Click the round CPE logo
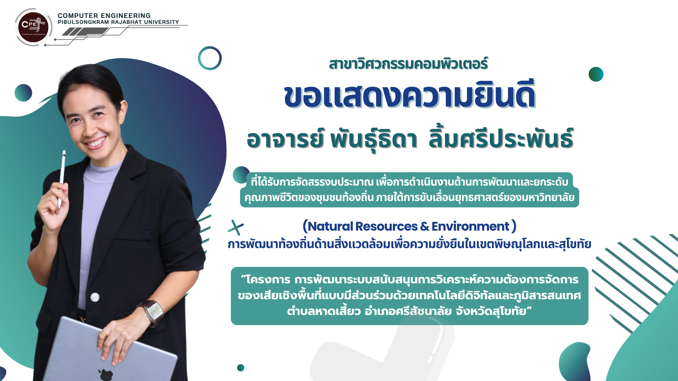[x=33, y=27]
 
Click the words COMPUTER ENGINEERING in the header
[x=104, y=16]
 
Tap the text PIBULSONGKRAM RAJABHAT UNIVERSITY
[x=118, y=22]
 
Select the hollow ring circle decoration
[x=210, y=58]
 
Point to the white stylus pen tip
[x=64, y=152]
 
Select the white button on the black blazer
[x=95, y=297]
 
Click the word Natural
[x=330, y=226]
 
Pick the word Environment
[x=470, y=226]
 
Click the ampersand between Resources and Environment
[x=425, y=226]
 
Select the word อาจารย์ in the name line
[x=285, y=139]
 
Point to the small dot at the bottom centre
[x=240, y=368]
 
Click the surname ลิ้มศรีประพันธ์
[x=501, y=138]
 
